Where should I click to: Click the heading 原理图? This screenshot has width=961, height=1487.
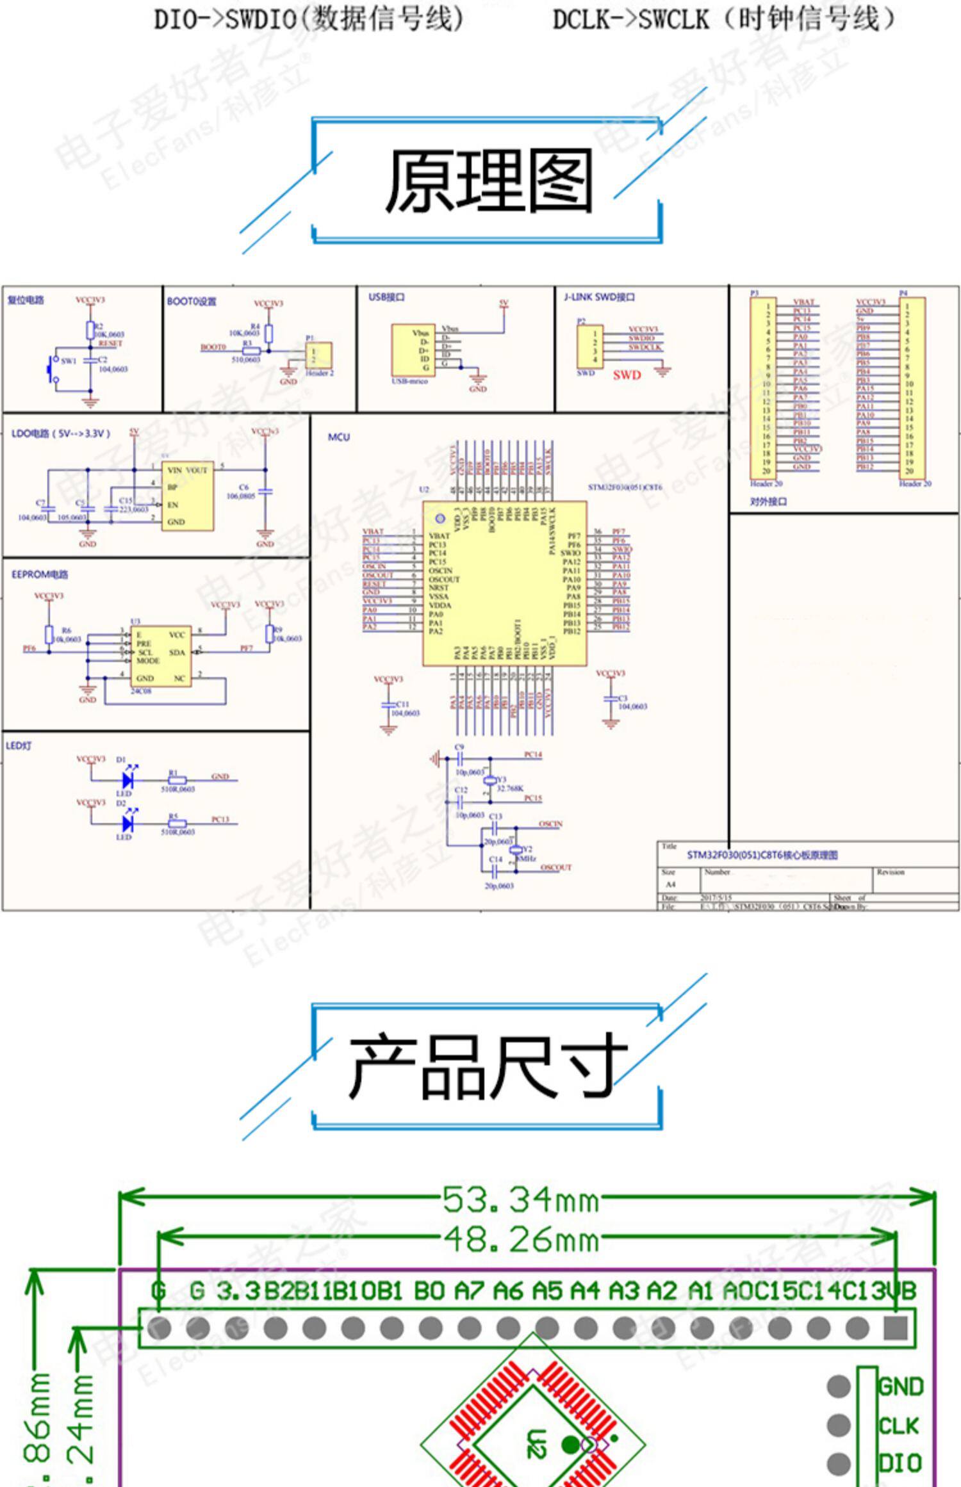(488, 182)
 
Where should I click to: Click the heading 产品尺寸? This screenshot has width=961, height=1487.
(487, 1066)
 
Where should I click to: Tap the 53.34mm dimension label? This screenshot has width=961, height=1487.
(521, 1200)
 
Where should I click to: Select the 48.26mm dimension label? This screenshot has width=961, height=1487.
(521, 1240)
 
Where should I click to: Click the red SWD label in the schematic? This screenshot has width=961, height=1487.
(626, 375)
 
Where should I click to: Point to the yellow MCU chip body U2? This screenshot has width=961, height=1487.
(504, 583)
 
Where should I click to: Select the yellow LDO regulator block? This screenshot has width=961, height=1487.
(186, 496)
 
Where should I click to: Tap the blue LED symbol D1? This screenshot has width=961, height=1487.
(127, 780)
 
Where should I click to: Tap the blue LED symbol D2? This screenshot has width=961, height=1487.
(127, 823)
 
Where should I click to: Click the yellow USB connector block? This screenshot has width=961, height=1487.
(413, 350)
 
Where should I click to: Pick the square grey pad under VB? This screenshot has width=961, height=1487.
(895, 1328)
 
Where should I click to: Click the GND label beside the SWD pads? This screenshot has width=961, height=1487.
(901, 1386)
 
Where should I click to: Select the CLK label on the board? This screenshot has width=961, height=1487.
(898, 1426)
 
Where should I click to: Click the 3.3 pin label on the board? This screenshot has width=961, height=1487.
(238, 1291)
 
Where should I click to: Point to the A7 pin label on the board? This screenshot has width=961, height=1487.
(469, 1291)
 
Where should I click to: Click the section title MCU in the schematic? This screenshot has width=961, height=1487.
(339, 437)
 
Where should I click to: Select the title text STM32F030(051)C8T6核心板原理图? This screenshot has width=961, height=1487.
(762, 855)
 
